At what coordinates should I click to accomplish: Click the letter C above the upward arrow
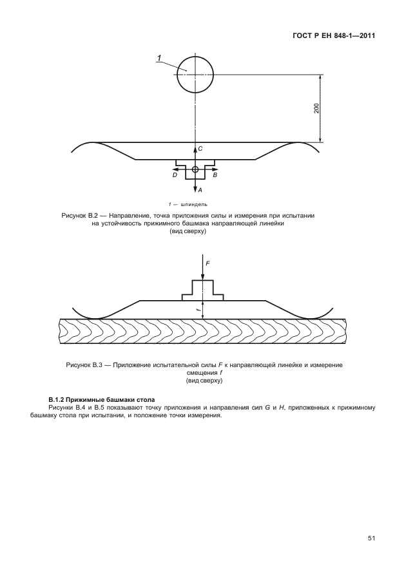click(200, 149)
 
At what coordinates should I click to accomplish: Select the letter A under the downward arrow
click(200, 191)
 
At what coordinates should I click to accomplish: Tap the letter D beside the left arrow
click(174, 175)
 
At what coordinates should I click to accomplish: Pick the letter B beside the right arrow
click(215, 175)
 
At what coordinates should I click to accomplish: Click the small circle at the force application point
click(195, 169)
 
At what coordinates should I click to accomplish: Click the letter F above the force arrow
click(208, 263)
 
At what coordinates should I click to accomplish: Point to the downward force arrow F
click(203, 270)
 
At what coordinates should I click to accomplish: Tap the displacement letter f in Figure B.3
click(198, 309)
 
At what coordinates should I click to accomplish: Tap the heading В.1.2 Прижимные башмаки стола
click(102, 400)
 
